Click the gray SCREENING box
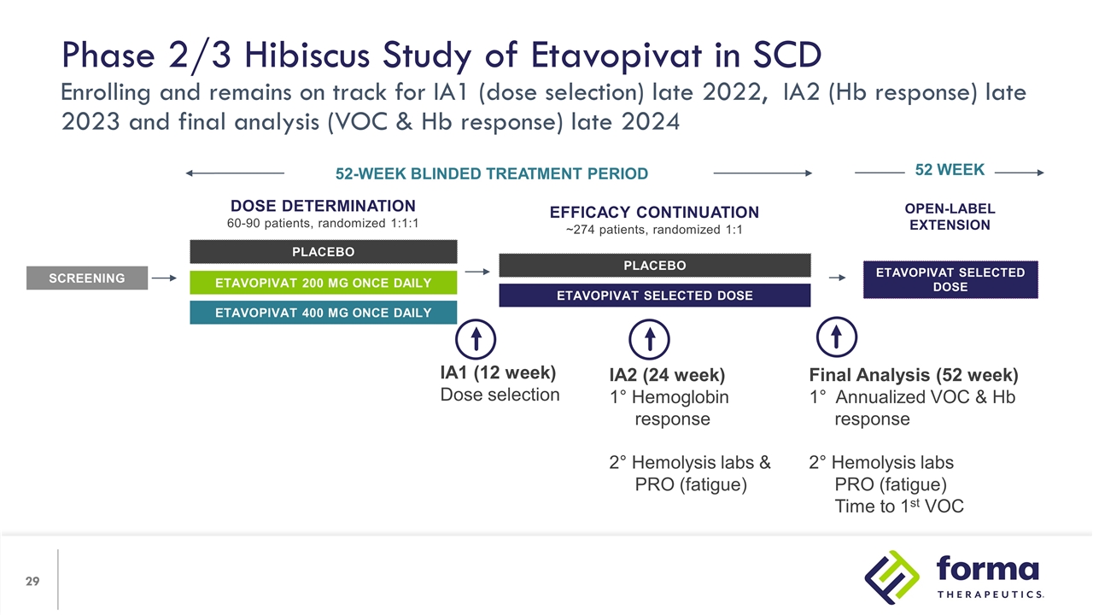tap(86, 278)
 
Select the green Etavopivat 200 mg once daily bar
tap(323, 283)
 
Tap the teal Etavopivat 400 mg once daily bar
tap(323, 313)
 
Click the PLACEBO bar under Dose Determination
tap(323, 251)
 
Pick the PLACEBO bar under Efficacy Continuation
tap(654, 265)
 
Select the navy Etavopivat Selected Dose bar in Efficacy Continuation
tap(654, 296)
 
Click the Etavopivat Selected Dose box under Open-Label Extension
tap(950, 279)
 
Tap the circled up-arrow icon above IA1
tap(477, 339)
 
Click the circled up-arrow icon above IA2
tap(649, 339)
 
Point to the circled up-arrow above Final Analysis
tap(837, 338)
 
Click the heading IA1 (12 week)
tap(497, 373)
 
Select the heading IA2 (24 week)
tap(667, 375)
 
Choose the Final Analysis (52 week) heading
tap(913, 375)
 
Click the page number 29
tap(32, 582)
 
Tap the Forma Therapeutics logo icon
tap(890, 577)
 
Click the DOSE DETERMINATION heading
tap(323, 206)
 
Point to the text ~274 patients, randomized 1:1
tap(654, 230)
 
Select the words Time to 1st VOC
tap(898, 507)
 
